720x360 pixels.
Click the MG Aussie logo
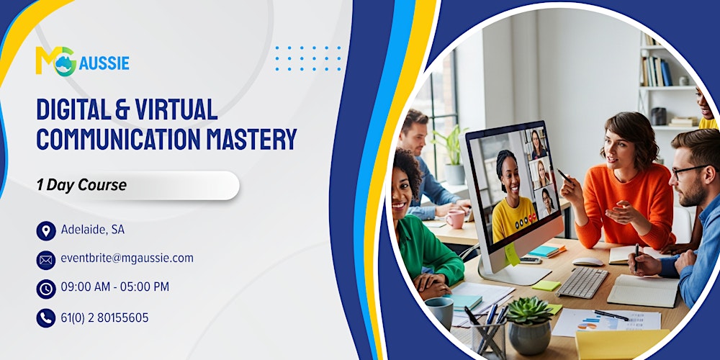click(x=82, y=61)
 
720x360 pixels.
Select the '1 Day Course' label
click(x=81, y=185)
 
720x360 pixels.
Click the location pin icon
click(x=46, y=230)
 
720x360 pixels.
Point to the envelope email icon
click(x=46, y=259)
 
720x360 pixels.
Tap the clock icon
click(x=46, y=289)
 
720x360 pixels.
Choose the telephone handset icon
click(x=46, y=318)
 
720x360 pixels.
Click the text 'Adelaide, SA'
click(x=93, y=230)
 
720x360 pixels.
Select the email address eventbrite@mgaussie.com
click(x=127, y=258)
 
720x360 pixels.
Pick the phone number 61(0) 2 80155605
click(x=105, y=318)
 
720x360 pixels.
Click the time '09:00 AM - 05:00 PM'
click(x=115, y=287)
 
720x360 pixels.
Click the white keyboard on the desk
click(x=582, y=282)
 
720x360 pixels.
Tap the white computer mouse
click(x=588, y=262)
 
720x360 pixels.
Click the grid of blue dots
click(x=308, y=58)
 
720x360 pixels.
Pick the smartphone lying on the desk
click(x=531, y=260)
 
